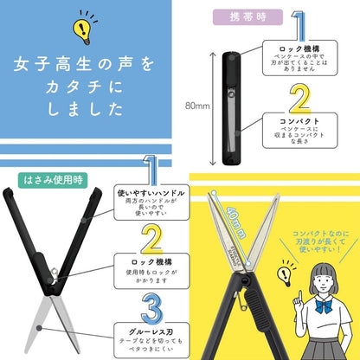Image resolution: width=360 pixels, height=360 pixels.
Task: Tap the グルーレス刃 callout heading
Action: [x=151, y=329]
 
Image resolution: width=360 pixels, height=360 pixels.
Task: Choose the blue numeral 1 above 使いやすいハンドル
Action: [x=151, y=169]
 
